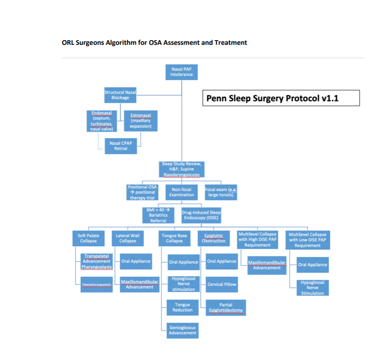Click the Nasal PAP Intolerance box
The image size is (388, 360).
click(x=182, y=71)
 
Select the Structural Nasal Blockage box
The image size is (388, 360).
click(x=120, y=95)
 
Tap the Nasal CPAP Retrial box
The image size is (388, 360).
click(x=121, y=146)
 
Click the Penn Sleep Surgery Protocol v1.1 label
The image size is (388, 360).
click(x=281, y=98)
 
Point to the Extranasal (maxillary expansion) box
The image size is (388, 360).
click(x=140, y=121)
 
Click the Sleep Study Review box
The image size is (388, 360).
click(x=182, y=169)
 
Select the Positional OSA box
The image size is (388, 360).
click(x=142, y=192)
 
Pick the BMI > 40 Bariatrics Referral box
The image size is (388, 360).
click(x=158, y=215)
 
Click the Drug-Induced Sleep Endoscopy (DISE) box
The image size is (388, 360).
click(x=201, y=215)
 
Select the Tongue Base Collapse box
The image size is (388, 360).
click(x=174, y=238)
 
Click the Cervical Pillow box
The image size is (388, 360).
click(x=222, y=284)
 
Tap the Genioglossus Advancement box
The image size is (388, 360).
click(x=183, y=330)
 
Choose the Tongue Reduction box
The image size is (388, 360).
click(x=182, y=307)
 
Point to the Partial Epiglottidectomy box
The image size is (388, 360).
click(x=226, y=308)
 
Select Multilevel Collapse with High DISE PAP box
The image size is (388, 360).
click(x=258, y=239)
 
